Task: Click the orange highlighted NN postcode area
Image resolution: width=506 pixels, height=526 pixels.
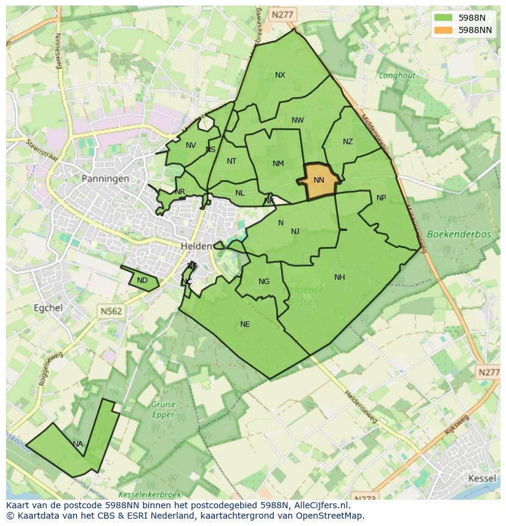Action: click(x=318, y=181)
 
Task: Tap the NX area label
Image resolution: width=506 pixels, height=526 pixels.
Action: click(x=280, y=75)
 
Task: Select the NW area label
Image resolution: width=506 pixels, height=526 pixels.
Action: click(x=298, y=120)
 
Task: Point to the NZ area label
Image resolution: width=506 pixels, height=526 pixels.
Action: click(x=348, y=142)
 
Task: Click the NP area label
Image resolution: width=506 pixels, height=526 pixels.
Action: click(x=381, y=198)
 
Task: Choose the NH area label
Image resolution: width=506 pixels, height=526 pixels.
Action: click(x=340, y=277)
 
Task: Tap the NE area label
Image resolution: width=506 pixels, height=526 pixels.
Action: click(x=245, y=324)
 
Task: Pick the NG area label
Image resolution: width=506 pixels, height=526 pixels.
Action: click(x=264, y=282)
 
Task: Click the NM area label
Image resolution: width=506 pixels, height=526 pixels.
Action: click(x=278, y=163)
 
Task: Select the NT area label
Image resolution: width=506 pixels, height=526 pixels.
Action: click(x=232, y=161)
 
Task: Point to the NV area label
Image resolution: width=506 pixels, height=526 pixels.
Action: click(x=191, y=145)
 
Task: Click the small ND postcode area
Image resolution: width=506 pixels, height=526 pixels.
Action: click(x=142, y=280)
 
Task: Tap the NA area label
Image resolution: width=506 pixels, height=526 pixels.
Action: click(x=78, y=444)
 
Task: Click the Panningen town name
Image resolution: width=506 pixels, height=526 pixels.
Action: click(x=105, y=179)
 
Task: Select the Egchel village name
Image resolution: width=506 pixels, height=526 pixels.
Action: click(x=48, y=308)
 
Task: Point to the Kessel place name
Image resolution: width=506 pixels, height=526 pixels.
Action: click(x=482, y=478)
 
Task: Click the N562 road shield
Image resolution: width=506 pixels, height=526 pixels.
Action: click(x=111, y=311)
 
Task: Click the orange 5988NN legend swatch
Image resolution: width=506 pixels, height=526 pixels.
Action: click(x=444, y=30)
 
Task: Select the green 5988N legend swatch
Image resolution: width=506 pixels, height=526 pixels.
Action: click(x=444, y=18)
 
